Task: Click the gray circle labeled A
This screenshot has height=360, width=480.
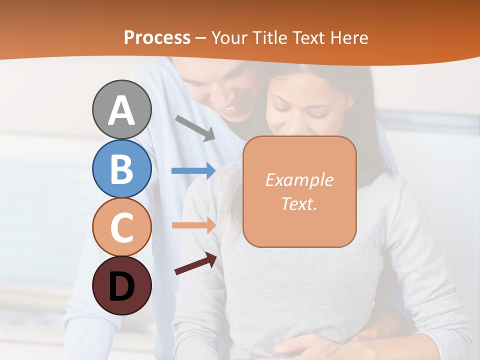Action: [x=121, y=109]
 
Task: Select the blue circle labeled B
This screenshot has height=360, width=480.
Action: [x=121, y=168]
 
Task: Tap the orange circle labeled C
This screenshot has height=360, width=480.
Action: [x=121, y=227]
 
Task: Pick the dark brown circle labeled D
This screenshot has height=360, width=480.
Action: [x=121, y=285]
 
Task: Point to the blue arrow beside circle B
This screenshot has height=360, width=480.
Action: [x=193, y=171]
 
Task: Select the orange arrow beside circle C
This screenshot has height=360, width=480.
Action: [x=193, y=225]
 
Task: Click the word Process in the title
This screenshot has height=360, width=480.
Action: [x=157, y=38]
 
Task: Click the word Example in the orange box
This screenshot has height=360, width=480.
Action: [x=299, y=180]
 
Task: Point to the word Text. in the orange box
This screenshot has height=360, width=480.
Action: [x=299, y=204]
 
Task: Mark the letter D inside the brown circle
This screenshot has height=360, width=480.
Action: [x=121, y=286]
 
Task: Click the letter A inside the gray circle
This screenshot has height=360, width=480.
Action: [x=121, y=110]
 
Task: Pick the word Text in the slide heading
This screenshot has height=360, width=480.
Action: [x=308, y=38]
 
